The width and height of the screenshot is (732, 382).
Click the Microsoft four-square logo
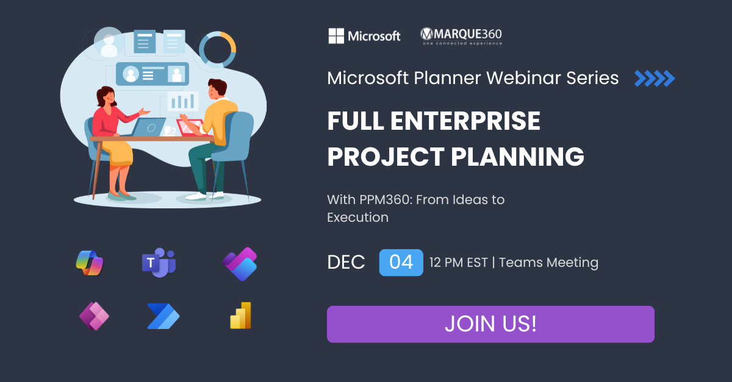[336, 35]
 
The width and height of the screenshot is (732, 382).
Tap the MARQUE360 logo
[461, 36]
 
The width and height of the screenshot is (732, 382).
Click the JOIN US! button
[490, 324]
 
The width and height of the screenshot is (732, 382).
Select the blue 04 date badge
[401, 262]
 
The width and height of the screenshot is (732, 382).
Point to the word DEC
[346, 262]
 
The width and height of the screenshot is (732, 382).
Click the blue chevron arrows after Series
[655, 79]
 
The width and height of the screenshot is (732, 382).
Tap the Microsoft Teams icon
[159, 263]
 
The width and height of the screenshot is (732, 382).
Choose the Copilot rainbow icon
[90, 263]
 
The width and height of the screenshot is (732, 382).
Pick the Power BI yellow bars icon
[241, 316]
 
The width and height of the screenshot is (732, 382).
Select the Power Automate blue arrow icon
[163, 316]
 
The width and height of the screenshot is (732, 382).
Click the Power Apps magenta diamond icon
[94, 316]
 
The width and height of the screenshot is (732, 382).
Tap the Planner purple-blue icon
[240, 264]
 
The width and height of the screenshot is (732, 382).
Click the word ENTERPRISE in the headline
[465, 121]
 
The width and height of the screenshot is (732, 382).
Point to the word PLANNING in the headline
[517, 157]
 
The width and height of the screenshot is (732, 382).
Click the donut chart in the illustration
[218, 49]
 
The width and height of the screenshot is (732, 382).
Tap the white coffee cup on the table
[170, 131]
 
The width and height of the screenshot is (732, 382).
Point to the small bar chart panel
[182, 101]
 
